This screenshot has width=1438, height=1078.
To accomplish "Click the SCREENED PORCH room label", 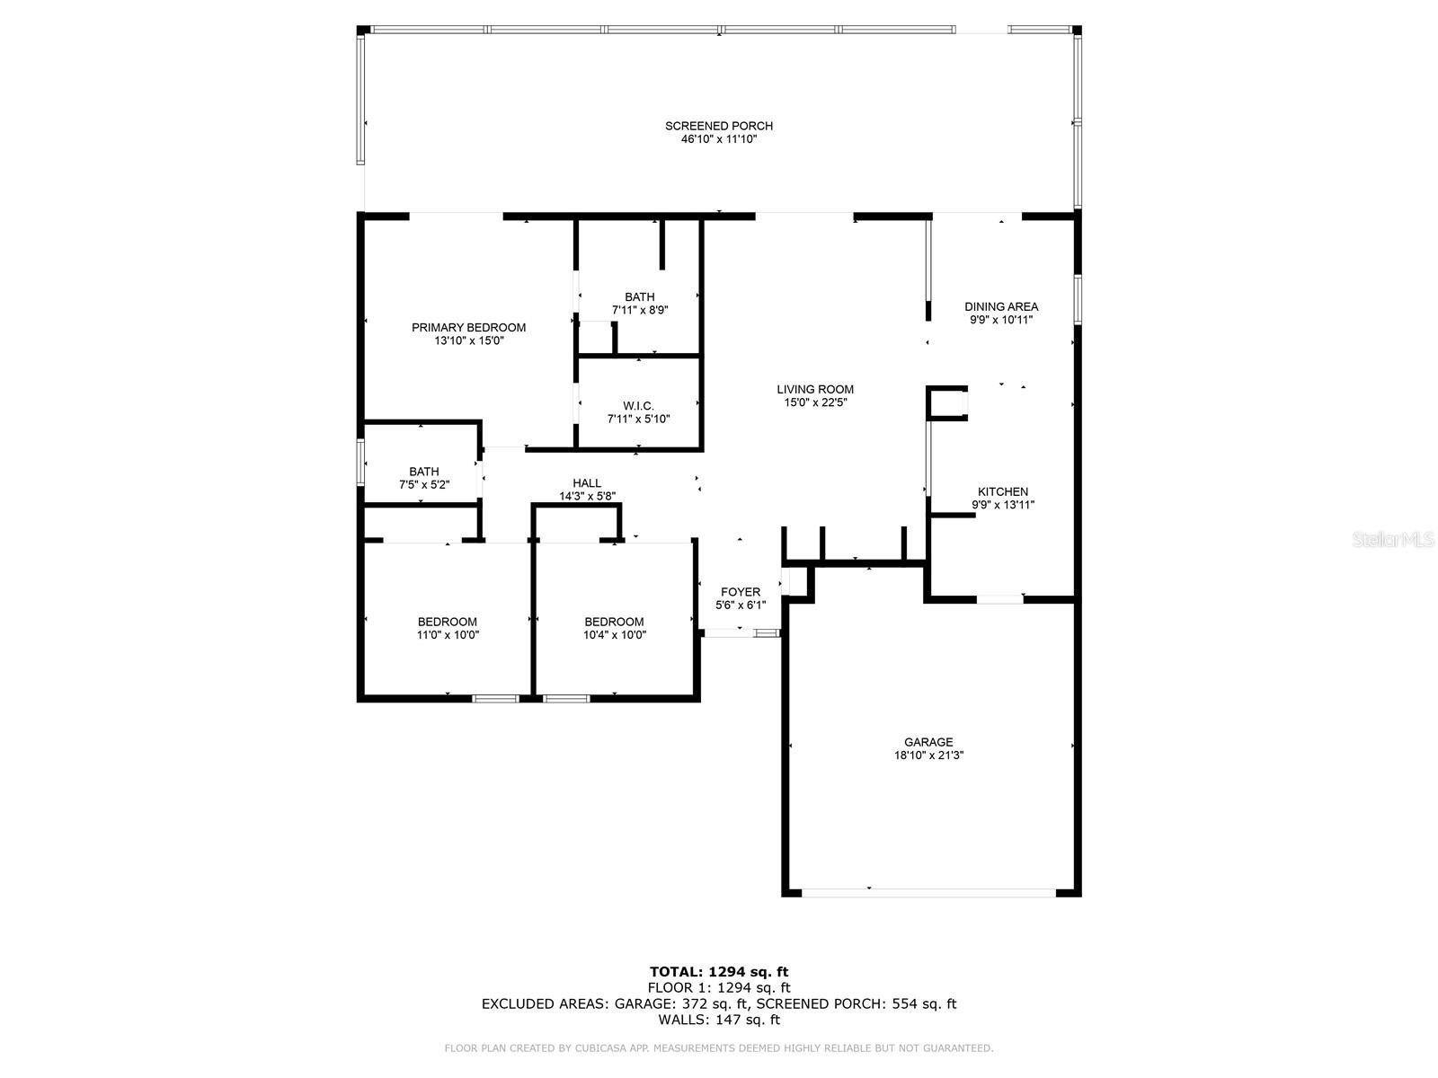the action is [719, 126].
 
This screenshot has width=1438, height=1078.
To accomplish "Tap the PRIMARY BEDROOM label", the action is [468, 327].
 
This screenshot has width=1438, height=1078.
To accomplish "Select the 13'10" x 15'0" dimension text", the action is [468, 340].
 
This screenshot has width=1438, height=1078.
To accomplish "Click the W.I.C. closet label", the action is [638, 406].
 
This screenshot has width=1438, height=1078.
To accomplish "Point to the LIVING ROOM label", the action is [815, 390].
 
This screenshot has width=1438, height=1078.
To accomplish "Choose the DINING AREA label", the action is [1001, 306].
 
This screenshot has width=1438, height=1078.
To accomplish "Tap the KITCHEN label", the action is [1003, 491].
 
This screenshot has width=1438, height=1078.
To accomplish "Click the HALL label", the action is [586, 483].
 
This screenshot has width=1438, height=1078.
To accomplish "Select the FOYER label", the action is [741, 592].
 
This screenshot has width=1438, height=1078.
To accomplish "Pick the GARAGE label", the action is [928, 742].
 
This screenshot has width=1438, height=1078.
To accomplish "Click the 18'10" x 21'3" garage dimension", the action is [928, 755].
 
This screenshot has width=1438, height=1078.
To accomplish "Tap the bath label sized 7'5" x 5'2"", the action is [424, 472].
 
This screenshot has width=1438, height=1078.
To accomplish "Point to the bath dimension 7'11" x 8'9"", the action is [639, 310].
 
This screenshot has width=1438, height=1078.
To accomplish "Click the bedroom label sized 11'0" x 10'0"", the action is [448, 622].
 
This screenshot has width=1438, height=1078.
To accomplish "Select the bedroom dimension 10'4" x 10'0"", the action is [615, 635].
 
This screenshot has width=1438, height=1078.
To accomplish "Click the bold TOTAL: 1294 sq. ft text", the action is [719, 972].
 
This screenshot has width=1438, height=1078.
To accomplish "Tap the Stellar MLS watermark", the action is [1393, 540].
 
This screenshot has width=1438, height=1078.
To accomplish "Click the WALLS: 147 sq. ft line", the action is [719, 1019].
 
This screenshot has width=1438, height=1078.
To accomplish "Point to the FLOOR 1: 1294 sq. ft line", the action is [719, 987].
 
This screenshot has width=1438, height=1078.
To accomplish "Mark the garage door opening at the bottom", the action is [928, 893].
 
